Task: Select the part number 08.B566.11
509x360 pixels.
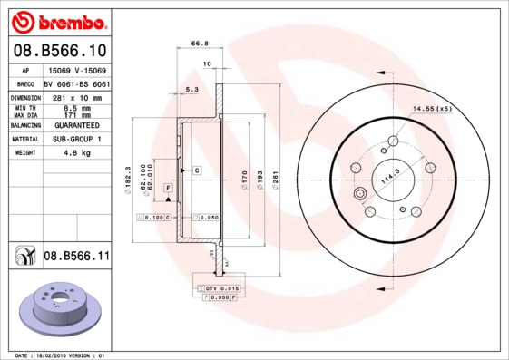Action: coord(76,257)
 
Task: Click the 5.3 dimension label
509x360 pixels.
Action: coord(191,91)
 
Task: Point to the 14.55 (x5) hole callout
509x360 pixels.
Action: coord(432,109)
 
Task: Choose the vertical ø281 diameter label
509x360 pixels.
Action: coord(275,179)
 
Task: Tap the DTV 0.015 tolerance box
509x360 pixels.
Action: coord(217,287)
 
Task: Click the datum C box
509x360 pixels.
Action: coord(195,170)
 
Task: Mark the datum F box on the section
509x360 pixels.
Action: coord(168,187)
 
